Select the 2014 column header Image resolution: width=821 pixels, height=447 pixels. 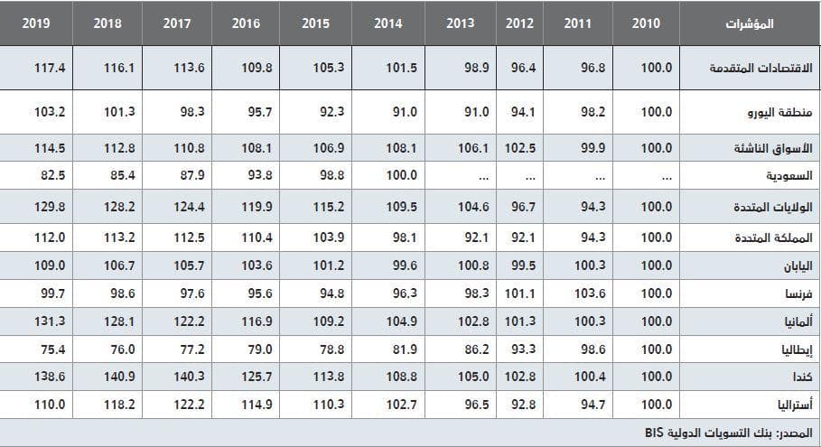tap(387, 23)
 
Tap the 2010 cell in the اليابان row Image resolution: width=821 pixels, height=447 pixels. tap(657, 266)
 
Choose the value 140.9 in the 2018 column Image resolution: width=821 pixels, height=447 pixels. tap(107, 377)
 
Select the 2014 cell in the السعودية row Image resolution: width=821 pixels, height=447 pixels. tap(387, 175)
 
